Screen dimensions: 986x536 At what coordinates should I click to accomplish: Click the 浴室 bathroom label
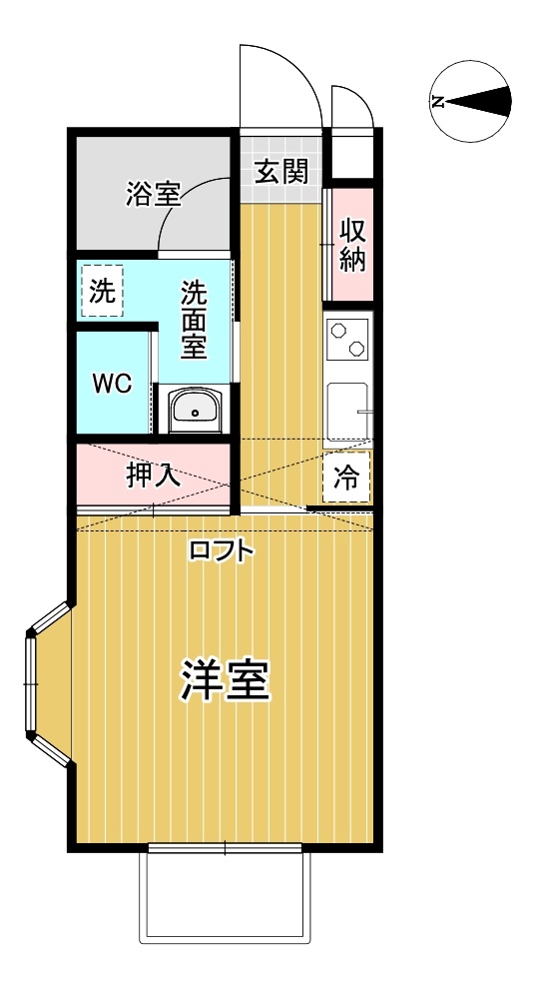pos(153,193)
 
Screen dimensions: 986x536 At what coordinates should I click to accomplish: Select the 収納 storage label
pos(352,245)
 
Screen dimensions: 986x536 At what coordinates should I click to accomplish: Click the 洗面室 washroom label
pos(194,320)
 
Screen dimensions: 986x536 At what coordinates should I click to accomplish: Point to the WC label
pos(112,384)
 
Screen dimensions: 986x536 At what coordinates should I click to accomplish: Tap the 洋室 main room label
pos(225,681)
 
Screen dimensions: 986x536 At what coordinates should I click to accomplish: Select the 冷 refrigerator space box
pos(346,477)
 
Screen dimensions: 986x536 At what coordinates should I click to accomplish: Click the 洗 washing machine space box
pos(101,291)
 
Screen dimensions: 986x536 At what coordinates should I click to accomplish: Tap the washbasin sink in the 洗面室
pos(195,409)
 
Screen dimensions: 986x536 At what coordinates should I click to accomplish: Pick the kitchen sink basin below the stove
pos(347,410)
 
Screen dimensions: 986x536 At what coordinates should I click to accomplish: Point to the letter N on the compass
pos(438,100)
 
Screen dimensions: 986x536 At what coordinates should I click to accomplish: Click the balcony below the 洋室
pos(225,899)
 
